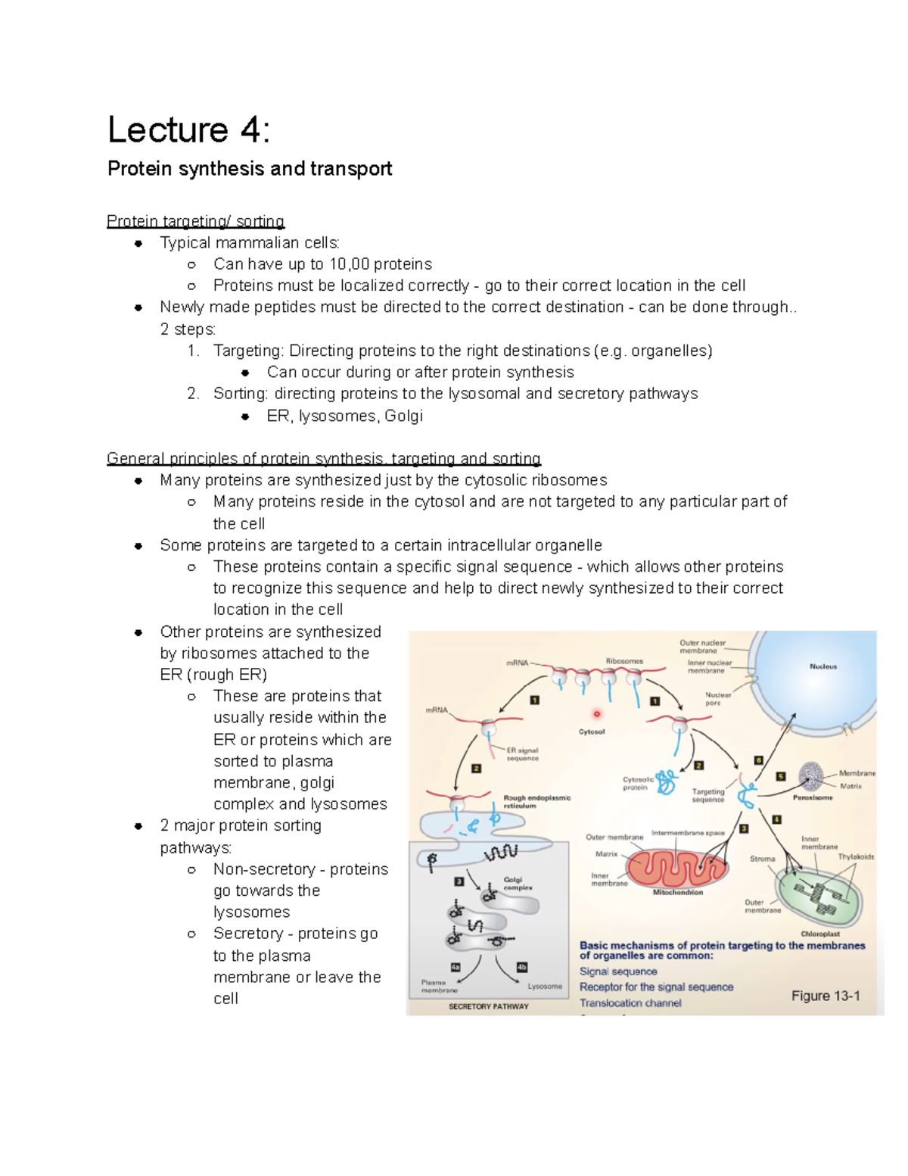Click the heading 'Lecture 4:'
tap(188, 129)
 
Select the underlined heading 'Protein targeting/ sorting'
tap(195, 221)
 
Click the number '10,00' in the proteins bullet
tap(350, 264)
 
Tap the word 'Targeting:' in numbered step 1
tap(248, 351)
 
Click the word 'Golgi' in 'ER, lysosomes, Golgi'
tap(403, 416)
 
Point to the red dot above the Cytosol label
tap(596, 714)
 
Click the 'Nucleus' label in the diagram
tap(823, 666)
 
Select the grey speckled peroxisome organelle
tap(812, 777)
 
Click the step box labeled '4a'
tap(456, 967)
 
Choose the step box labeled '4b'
tap(521, 967)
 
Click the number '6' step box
tap(758, 760)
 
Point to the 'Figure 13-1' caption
tap(826, 996)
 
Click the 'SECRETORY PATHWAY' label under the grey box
tap(489, 1006)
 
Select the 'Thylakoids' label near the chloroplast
tap(856, 856)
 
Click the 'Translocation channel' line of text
tap(630, 1003)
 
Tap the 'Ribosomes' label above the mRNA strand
tap(624, 661)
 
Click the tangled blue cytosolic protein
tap(666, 781)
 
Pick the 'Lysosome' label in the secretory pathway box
tap(545, 986)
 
